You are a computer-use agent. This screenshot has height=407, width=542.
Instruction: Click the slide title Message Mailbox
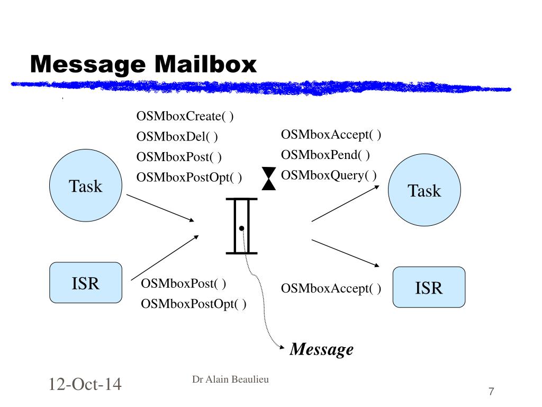tap(143, 65)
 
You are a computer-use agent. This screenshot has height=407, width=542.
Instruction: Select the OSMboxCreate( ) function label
tap(185, 117)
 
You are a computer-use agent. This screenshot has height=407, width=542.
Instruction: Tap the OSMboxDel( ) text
tap(177, 137)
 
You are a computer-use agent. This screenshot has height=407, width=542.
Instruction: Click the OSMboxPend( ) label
tap(326, 155)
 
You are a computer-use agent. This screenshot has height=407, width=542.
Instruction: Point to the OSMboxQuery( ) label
tap(329, 175)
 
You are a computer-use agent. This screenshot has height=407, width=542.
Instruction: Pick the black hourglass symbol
tap(269, 178)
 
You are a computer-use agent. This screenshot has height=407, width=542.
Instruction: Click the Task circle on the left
tap(86, 186)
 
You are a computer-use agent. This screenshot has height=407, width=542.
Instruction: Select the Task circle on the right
tap(424, 190)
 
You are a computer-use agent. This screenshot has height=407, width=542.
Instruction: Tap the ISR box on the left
tap(86, 283)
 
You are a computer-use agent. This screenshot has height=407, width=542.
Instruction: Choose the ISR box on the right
tap(429, 287)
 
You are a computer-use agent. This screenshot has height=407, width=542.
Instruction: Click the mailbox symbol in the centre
tap(241, 226)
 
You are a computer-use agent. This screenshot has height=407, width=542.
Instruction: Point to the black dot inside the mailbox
tap(241, 228)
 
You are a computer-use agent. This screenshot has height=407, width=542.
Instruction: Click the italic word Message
tap(322, 349)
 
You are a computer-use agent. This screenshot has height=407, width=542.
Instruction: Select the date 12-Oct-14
tap(85, 384)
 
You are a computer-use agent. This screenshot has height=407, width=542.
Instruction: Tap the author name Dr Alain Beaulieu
tap(230, 379)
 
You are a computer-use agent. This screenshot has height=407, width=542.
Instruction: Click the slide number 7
tap(491, 392)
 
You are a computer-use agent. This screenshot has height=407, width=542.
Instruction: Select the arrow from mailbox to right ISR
tap(346, 253)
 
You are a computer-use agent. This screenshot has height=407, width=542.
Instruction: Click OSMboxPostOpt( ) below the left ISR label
tap(193, 304)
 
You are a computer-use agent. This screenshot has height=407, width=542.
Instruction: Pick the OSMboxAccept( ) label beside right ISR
tap(331, 288)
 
